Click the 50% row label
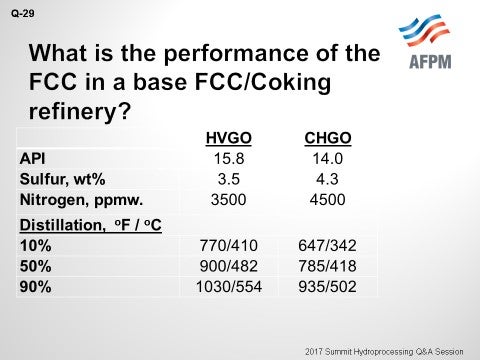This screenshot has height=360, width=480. pos(36,265)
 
